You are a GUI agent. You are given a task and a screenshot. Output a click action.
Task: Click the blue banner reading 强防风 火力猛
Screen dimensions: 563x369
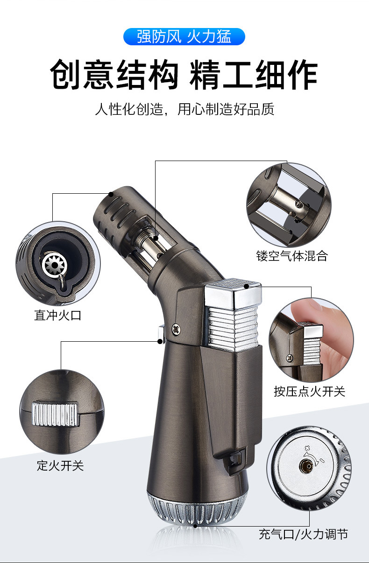[184, 36]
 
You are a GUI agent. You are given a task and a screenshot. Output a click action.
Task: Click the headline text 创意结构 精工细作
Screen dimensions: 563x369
[184, 74]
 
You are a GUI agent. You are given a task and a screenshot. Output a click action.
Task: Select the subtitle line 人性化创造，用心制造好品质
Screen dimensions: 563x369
[184, 110]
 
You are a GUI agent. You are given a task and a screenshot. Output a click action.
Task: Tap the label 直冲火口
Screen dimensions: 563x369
[58, 316]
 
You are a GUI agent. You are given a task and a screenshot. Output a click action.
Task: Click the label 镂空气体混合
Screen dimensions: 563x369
[292, 256]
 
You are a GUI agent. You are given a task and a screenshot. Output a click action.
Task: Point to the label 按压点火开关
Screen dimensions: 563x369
[309, 391]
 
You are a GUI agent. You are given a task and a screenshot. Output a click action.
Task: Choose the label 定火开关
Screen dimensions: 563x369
[60, 465]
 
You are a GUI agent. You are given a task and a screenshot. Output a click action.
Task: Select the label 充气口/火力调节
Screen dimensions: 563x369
[303, 534]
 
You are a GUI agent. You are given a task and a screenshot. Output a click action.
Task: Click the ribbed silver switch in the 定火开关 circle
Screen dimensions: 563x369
[55, 414]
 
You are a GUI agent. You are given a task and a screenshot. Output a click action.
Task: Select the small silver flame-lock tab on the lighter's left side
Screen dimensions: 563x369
[160, 334]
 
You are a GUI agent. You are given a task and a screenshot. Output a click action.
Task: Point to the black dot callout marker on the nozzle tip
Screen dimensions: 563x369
[111, 193]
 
